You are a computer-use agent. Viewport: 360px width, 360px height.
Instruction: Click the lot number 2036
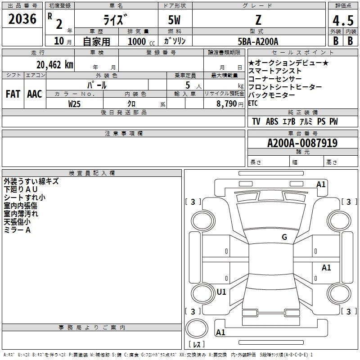pyautogui.click(x=22, y=18)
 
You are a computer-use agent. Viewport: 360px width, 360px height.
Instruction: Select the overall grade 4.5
pyautogui.click(x=343, y=20)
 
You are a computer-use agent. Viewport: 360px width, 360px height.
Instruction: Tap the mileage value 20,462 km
pyautogui.click(x=55, y=65)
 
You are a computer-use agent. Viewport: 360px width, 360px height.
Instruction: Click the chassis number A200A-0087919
pyautogui.click(x=302, y=143)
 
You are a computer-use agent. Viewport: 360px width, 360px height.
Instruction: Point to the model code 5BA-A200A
pyautogui.click(x=258, y=41)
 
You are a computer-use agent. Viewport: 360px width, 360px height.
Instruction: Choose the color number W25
pyautogui.click(x=74, y=104)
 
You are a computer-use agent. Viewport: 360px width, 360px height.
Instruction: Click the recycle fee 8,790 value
pyautogui.click(x=227, y=104)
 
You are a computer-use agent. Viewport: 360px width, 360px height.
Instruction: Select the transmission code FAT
pyautogui.click(x=13, y=94)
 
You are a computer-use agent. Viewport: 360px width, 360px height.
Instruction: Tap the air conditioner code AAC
pyautogui.click(x=35, y=94)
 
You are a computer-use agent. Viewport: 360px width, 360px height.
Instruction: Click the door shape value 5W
pyautogui.click(x=174, y=20)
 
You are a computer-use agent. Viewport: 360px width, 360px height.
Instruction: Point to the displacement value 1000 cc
pyautogui.click(x=141, y=41)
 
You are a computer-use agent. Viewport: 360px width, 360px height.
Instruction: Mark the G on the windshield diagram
pyautogui.click(x=284, y=237)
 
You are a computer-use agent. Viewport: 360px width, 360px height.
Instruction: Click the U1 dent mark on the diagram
pyautogui.click(x=221, y=292)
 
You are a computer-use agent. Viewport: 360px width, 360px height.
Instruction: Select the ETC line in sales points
pyautogui.click(x=253, y=103)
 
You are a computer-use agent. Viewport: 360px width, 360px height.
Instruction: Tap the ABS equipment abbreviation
pyautogui.click(x=272, y=121)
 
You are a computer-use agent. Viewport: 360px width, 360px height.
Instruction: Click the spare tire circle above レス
pyautogui.click(x=197, y=328)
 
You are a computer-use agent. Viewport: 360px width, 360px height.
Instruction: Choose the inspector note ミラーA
pyautogui.click(x=17, y=230)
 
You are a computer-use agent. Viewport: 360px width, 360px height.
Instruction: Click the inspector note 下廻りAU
pyautogui.click(x=20, y=189)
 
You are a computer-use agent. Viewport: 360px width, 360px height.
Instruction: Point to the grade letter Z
pyautogui.click(x=258, y=20)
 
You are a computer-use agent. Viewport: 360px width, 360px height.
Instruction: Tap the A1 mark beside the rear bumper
pyautogui.click(x=220, y=332)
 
